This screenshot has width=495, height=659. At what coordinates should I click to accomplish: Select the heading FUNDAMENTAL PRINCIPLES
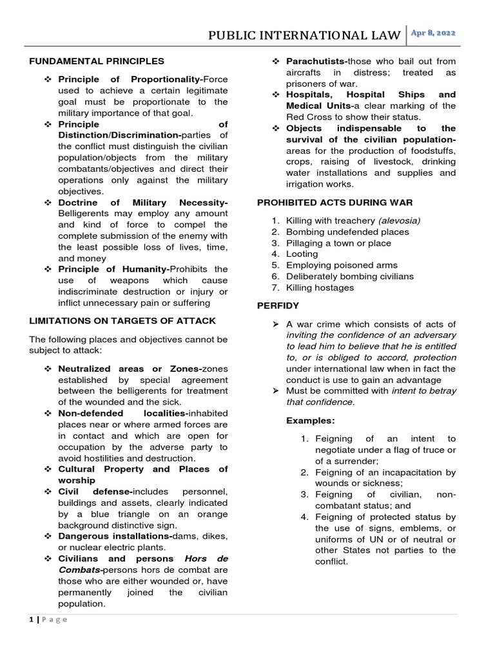tap(97, 61)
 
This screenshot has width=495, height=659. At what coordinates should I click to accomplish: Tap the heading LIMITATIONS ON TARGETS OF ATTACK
tap(122, 320)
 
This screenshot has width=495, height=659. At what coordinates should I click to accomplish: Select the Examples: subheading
tap(311, 420)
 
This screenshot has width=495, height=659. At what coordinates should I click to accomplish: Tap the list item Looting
tap(302, 254)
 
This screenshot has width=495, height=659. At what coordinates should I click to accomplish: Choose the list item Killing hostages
tap(320, 288)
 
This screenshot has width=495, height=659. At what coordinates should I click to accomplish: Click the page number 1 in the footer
tap(32, 620)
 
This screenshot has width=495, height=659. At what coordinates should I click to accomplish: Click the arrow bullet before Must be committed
tap(275, 391)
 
